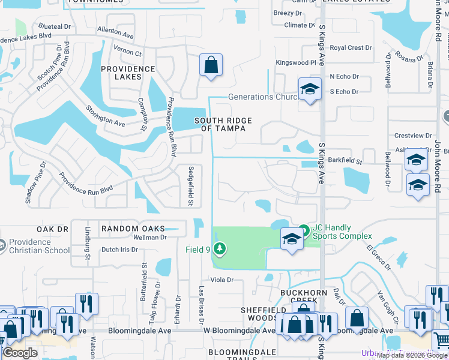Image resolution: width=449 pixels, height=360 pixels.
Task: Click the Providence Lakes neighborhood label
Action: coord(127,73)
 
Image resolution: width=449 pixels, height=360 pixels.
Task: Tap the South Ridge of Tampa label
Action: coord(223,125)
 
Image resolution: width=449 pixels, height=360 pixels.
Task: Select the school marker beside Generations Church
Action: coord(309,90)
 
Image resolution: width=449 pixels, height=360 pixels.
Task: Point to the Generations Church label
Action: coord(263,97)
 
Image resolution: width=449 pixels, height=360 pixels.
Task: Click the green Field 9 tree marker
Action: coord(220,248)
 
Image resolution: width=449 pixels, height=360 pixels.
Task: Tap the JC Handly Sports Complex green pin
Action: coord(304,230)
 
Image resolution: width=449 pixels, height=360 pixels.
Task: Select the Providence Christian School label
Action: coord(39,246)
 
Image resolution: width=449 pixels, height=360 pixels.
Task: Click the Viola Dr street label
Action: coord(221,280)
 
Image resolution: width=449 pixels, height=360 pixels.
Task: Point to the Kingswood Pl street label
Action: coord(295,62)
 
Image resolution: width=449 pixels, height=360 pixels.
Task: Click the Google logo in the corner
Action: coord(20,353)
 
